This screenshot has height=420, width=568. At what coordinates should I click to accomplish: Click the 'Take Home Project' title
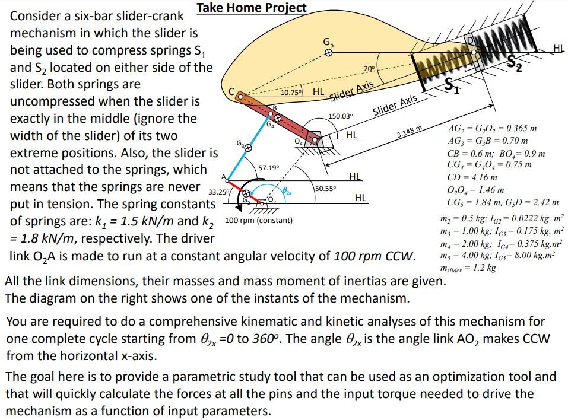point(252,8)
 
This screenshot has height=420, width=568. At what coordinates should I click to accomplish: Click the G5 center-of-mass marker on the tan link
point(328,52)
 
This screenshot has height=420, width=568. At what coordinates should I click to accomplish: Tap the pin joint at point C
point(241,96)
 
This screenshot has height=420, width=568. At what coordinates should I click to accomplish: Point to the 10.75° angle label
point(291,93)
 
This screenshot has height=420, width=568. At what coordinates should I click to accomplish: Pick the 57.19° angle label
point(268,168)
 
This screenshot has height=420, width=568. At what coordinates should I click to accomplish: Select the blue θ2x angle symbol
point(287,190)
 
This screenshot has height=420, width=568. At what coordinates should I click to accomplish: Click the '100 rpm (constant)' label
point(259,221)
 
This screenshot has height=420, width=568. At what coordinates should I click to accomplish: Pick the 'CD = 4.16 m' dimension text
point(472,177)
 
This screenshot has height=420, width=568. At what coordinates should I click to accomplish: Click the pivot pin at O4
point(317,141)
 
